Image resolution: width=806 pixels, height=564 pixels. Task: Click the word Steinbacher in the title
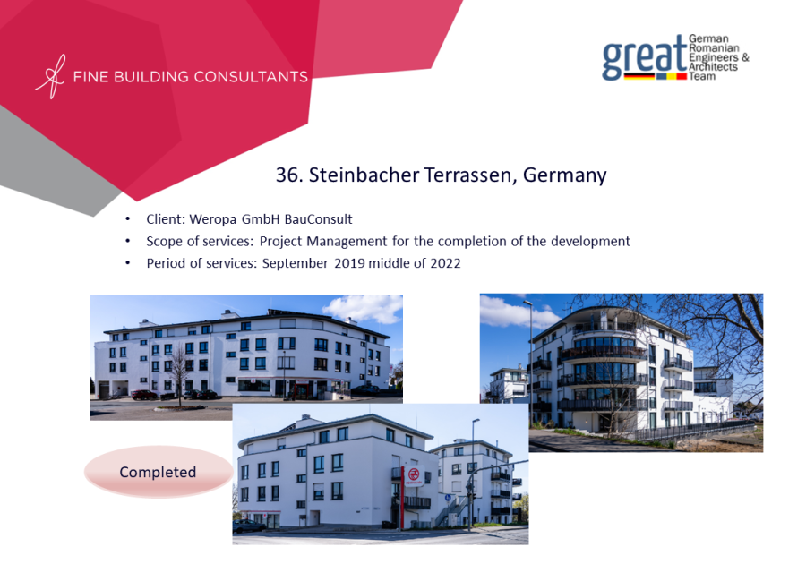coord(364,175)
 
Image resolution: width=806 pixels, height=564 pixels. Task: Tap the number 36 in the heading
coord(287,175)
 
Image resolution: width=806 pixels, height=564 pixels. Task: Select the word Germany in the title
coord(565,176)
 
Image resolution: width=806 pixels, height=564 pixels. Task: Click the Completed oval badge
coord(159,472)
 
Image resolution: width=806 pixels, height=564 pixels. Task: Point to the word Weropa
coord(213,220)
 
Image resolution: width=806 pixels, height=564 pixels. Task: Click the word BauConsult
coord(318,219)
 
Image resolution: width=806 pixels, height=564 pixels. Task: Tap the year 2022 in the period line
coord(445,263)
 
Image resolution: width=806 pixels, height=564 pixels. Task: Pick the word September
coord(295,264)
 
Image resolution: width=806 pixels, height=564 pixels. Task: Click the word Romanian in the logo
coord(714,47)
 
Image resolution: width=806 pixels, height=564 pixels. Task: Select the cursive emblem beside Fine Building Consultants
coord(50,76)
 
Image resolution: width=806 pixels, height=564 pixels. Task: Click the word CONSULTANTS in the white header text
coord(251,77)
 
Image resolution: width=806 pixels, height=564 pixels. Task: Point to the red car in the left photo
coord(144,395)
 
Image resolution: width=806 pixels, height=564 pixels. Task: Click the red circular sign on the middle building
coord(413,474)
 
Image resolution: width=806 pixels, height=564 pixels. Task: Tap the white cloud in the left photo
coord(364,308)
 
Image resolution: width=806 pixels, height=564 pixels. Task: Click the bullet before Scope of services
coord(127,242)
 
